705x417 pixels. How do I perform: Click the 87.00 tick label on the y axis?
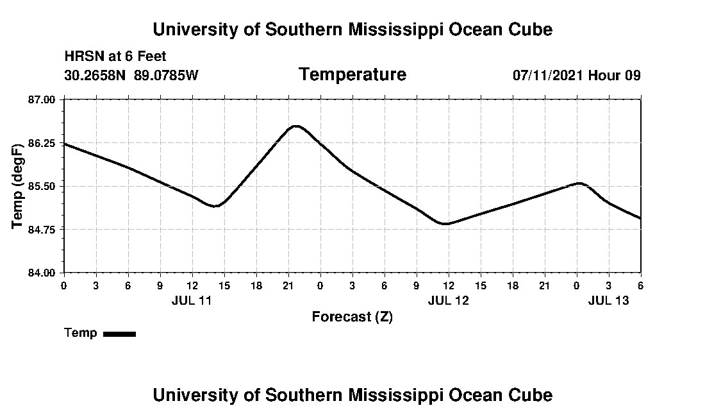42,99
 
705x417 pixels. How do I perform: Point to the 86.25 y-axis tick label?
42,143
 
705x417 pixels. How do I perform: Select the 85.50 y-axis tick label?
42,186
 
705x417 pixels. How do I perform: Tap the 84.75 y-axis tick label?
42,230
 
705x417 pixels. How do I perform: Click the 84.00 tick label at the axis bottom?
42,273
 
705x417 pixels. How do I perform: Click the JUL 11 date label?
192,300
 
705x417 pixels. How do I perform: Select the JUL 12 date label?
448,300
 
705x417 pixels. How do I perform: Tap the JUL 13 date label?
608,300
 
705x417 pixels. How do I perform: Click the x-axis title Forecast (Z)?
352,317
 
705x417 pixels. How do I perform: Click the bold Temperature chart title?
352,74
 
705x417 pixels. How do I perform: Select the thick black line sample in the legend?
119,334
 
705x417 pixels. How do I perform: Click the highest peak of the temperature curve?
295,126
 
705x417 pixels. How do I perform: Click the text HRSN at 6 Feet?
115,56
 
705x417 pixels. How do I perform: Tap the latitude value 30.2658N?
95,75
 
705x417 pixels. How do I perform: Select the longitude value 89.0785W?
166,75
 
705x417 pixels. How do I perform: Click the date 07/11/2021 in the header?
547,75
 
